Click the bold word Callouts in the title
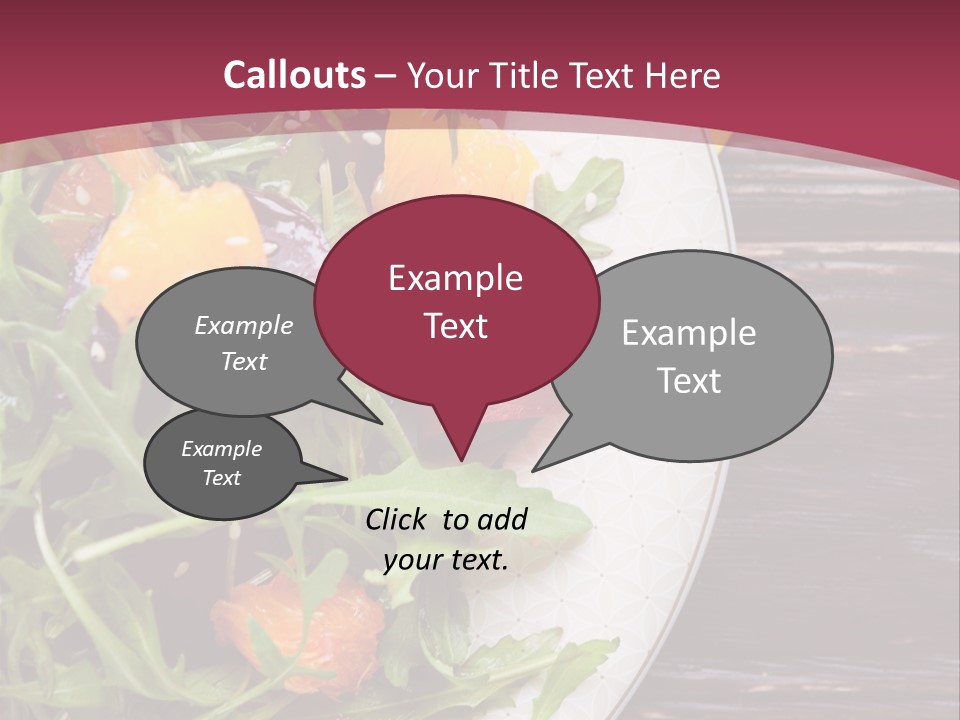tap(294, 75)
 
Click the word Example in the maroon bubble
tap(455, 278)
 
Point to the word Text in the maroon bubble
tap(455, 326)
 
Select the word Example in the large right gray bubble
tap(689, 333)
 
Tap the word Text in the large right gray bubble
tap(689, 381)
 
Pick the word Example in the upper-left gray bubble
tap(244, 326)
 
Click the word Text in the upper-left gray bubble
tap(244, 361)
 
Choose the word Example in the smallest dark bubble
tap(221, 449)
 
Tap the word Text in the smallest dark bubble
tap(221, 478)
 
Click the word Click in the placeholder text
tap(398, 519)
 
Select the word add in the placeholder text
tap(503, 519)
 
